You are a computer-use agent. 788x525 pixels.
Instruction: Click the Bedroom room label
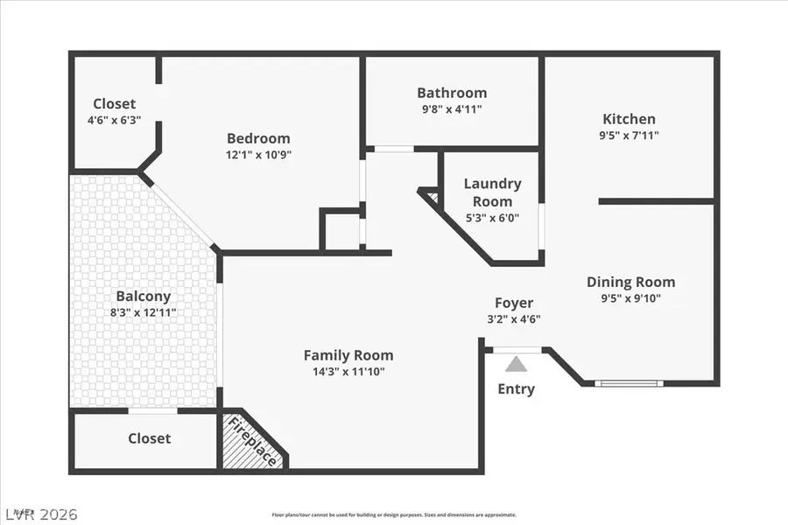point(258,138)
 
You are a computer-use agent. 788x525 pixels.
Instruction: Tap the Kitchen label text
point(629,119)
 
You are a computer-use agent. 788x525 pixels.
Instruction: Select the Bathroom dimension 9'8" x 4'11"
point(452,109)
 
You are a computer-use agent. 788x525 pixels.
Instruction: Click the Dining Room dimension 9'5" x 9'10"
point(630,298)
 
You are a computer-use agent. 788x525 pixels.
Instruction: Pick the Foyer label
point(514,303)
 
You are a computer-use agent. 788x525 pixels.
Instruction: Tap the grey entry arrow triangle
point(517,363)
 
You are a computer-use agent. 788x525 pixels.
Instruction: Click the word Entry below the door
point(516,389)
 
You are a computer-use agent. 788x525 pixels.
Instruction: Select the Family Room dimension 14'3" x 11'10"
point(348,372)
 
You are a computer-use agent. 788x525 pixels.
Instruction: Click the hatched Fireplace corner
point(252,442)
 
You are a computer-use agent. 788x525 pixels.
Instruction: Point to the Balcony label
point(143,297)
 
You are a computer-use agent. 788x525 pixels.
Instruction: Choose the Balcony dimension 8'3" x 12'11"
point(143,312)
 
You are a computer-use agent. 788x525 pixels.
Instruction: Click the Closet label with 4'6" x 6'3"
point(115,104)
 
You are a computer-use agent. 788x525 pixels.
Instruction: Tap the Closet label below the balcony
point(150,438)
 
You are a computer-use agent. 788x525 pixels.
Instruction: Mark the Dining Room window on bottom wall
point(629,383)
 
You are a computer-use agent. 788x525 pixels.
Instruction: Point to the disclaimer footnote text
point(394,515)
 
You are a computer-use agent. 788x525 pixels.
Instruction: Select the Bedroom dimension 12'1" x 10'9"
point(258,155)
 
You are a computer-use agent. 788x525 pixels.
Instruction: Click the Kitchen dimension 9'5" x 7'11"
point(629,136)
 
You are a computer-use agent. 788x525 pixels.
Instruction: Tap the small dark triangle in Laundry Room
point(431,195)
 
